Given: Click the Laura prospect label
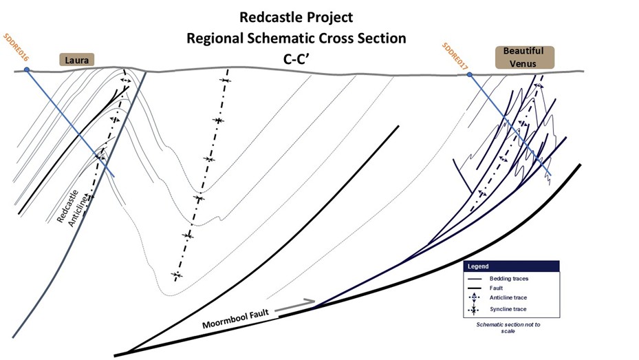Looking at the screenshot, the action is coord(77,60).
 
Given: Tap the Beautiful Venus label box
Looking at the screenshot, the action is coord(525,57).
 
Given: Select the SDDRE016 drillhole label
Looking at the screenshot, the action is coord(16,47).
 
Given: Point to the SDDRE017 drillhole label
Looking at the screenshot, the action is coord(455,56).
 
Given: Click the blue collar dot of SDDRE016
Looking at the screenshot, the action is coord(27,70).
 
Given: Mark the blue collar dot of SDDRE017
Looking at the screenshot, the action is coord(470,75).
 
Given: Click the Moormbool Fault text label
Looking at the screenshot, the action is coord(235,319).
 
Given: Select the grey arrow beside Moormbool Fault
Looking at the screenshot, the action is coord(295,306).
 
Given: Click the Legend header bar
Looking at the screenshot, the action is coord(511,266).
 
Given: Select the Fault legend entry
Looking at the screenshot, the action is coord(486,288).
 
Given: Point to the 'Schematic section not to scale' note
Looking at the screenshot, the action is coord(508,328).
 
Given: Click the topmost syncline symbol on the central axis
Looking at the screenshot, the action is coord(225,81).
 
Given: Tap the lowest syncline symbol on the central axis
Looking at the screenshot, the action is coord(177,275).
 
